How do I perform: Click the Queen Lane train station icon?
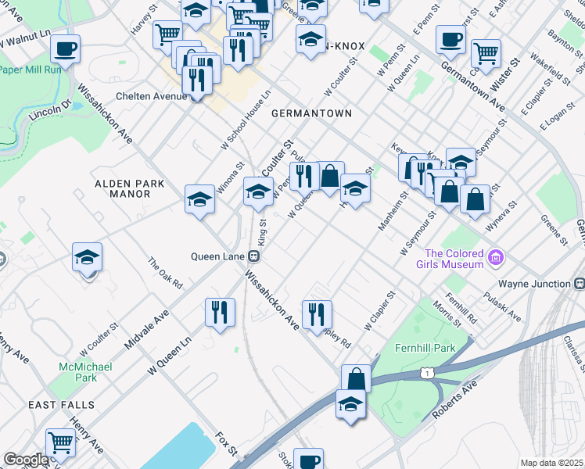point(253,256)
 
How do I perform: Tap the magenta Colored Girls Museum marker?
point(493,257)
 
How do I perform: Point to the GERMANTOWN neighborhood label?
point(311,113)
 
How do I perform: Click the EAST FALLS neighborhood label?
point(61,405)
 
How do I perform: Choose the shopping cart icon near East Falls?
point(59,442)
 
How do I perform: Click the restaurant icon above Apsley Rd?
point(317,314)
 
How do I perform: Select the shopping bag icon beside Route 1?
point(356,378)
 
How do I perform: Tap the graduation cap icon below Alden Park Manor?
point(87,256)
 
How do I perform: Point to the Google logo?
point(26,460)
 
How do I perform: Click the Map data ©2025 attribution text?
point(551,463)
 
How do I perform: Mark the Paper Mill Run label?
point(32,68)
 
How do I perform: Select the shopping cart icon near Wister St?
point(486,52)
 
